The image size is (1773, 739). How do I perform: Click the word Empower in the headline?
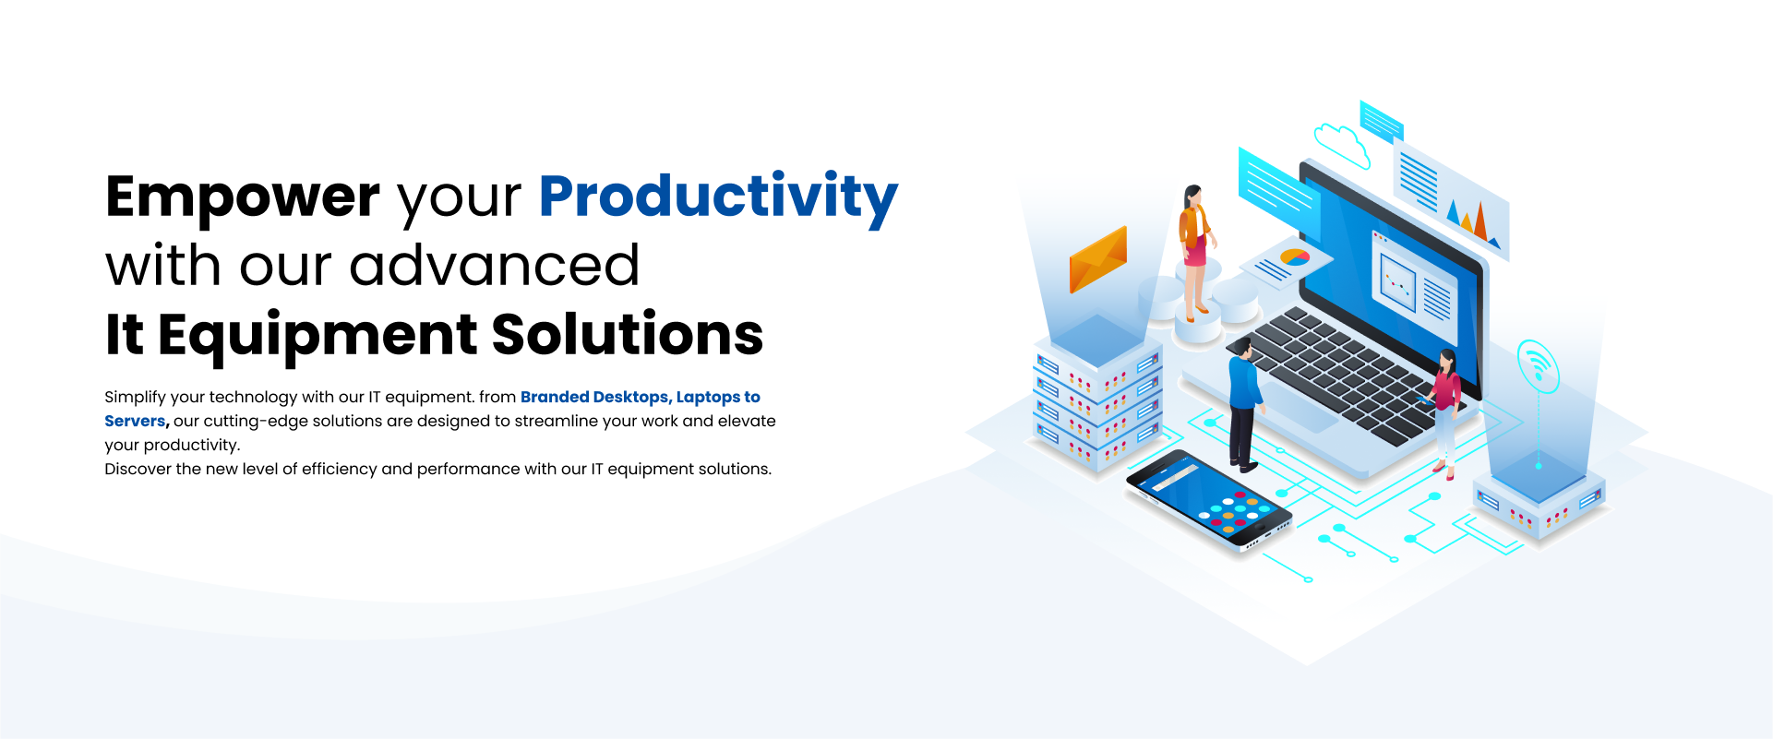pos(243,197)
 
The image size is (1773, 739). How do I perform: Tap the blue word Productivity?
pos(718,197)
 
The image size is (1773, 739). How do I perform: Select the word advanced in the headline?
pos(495,266)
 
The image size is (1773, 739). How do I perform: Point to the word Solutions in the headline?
pos(628,334)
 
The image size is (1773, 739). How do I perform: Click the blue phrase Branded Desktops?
pos(594,397)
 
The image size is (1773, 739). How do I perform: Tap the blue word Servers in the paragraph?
pos(135,421)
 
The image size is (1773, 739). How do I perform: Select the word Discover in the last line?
pos(138,469)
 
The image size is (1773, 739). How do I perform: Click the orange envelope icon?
pos(1098,259)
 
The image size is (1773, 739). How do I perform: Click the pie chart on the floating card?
pos(1295,257)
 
